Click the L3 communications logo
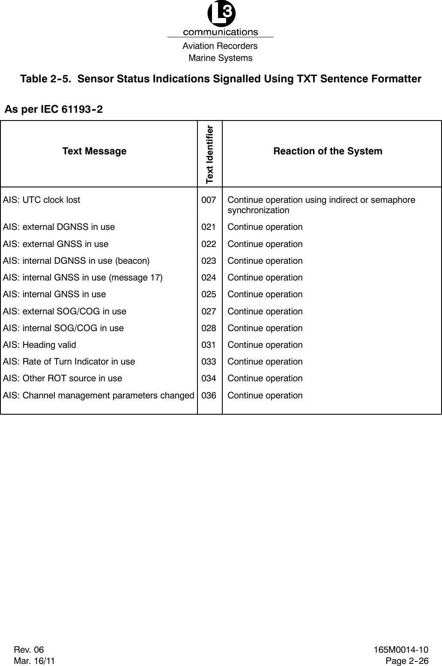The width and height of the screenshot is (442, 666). point(221,19)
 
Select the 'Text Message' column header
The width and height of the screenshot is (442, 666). point(94,151)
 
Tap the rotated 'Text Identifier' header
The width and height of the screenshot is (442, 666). point(209,154)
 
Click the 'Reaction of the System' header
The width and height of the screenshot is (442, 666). point(328,151)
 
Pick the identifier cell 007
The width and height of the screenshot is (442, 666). point(209,200)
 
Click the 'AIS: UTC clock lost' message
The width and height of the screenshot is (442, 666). point(42,200)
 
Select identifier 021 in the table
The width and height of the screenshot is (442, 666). point(209,227)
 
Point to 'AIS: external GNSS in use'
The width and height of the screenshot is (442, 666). point(56,244)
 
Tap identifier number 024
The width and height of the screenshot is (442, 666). point(209,277)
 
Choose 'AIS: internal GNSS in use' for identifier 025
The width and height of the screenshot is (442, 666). point(54,294)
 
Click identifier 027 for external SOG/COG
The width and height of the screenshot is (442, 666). point(209,311)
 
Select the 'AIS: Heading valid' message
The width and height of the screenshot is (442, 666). point(39,345)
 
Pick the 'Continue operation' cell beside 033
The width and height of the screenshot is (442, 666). point(265,362)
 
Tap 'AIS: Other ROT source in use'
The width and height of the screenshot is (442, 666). point(63,378)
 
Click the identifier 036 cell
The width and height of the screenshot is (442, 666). point(209,395)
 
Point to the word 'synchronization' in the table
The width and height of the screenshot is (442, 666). point(258,210)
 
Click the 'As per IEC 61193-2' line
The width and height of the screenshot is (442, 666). point(54,109)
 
